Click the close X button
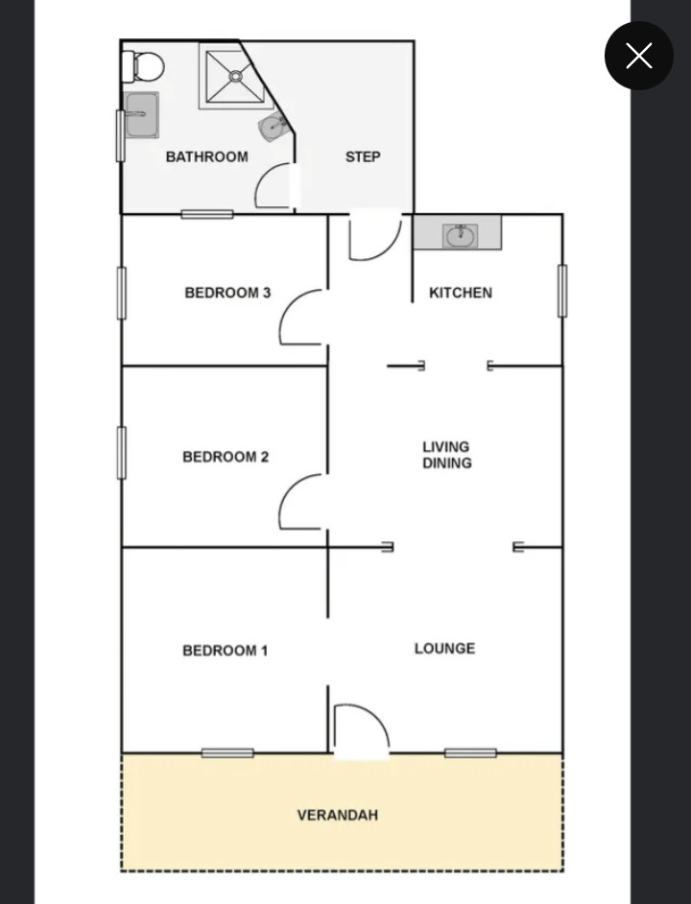[638, 56]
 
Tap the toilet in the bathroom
[143, 67]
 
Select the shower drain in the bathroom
[235, 76]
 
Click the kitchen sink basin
[460, 235]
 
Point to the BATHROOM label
[206, 156]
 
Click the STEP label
[363, 156]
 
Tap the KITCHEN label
[461, 293]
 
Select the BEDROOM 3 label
[227, 293]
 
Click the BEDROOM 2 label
[226, 457]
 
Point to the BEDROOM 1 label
[225, 651]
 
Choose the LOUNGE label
[444, 648]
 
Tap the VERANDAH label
[338, 815]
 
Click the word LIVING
[446, 447]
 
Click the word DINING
[447, 463]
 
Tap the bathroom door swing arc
[263, 177]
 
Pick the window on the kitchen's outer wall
[562, 291]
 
